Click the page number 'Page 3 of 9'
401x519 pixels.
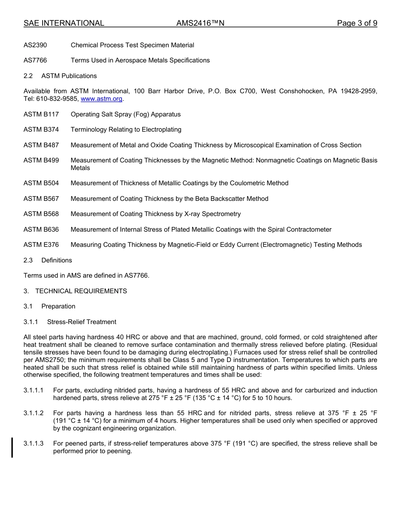(x=357, y=23)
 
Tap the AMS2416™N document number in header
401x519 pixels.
(x=200, y=23)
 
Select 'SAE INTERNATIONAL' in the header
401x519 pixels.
(x=64, y=23)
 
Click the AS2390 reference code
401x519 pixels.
(x=35, y=45)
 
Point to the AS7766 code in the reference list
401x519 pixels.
(x=35, y=60)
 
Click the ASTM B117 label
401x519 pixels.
(x=41, y=114)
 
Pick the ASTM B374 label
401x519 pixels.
(x=41, y=130)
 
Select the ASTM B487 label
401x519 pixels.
(x=41, y=145)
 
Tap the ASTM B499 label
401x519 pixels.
(x=41, y=160)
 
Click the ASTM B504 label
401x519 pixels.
(x=41, y=183)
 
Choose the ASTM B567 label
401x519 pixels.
(x=41, y=199)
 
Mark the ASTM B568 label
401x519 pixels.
(x=41, y=214)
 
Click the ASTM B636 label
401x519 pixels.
(x=41, y=230)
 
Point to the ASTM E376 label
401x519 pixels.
(x=41, y=245)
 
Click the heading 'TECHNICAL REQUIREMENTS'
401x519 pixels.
(x=81, y=291)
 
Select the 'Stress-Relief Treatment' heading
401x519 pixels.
(x=81, y=322)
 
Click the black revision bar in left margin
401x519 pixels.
(x=12, y=447)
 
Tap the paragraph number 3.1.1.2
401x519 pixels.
(x=34, y=413)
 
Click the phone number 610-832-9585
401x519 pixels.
(x=57, y=99)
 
